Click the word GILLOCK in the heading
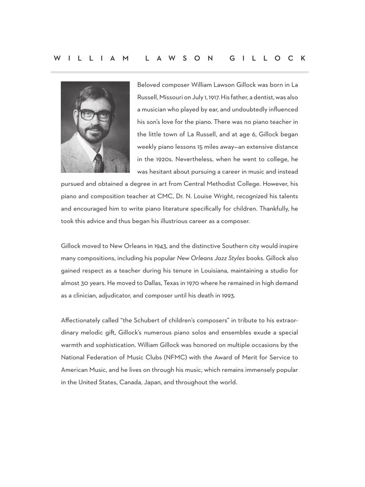(x=268, y=58)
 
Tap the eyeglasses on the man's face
(x=95, y=114)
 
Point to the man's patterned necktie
(x=98, y=163)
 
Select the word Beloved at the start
(x=148, y=85)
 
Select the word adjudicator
(x=115, y=295)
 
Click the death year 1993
(x=228, y=295)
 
